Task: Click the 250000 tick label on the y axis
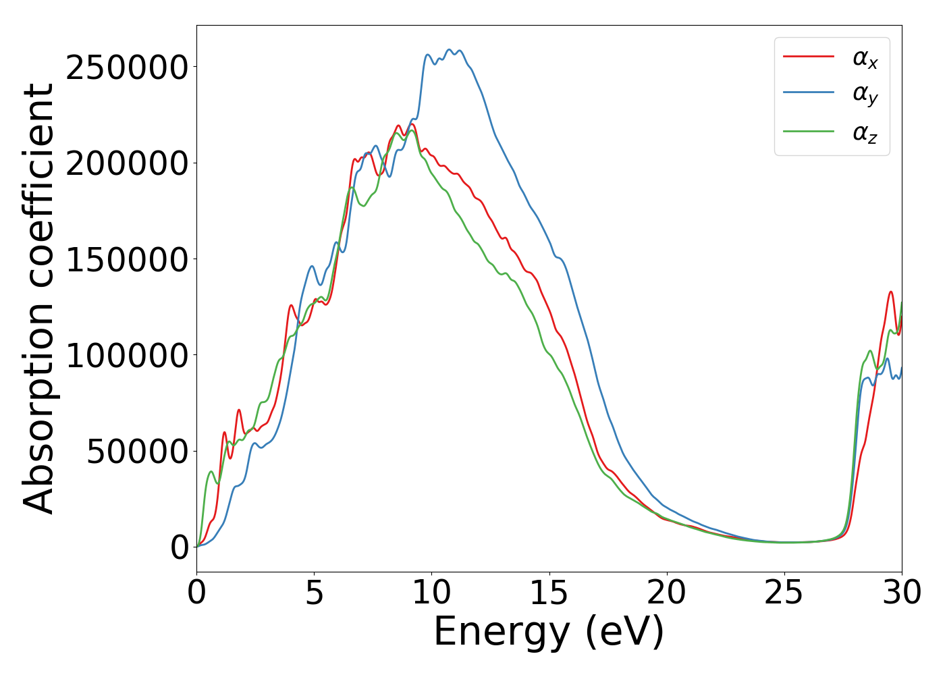[x=126, y=67]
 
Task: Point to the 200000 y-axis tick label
[x=126, y=163]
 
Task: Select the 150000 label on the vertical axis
[x=126, y=259]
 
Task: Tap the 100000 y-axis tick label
[x=126, y=355]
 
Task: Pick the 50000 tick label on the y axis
[x=137, y=451]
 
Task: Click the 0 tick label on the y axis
[x=180, y=547]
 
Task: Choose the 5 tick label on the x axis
[x=315, y=593]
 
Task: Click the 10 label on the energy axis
[x=432, y=593]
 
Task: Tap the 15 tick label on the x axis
[x=549, y=593]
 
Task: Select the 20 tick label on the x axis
[x=667, y=593]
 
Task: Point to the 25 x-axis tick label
[x=784, y=593]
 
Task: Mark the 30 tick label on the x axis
[x=901, y=593]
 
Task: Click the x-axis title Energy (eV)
[x=549, y=632]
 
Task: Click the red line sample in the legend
[x=808, y=57]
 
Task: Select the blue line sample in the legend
[x=808, y=93]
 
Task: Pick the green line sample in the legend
[x=808, y=130]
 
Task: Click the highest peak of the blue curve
[x=450, y=49]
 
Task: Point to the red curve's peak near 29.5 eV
[x=891, y=292]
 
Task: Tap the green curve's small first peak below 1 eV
[x=211, y=471]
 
